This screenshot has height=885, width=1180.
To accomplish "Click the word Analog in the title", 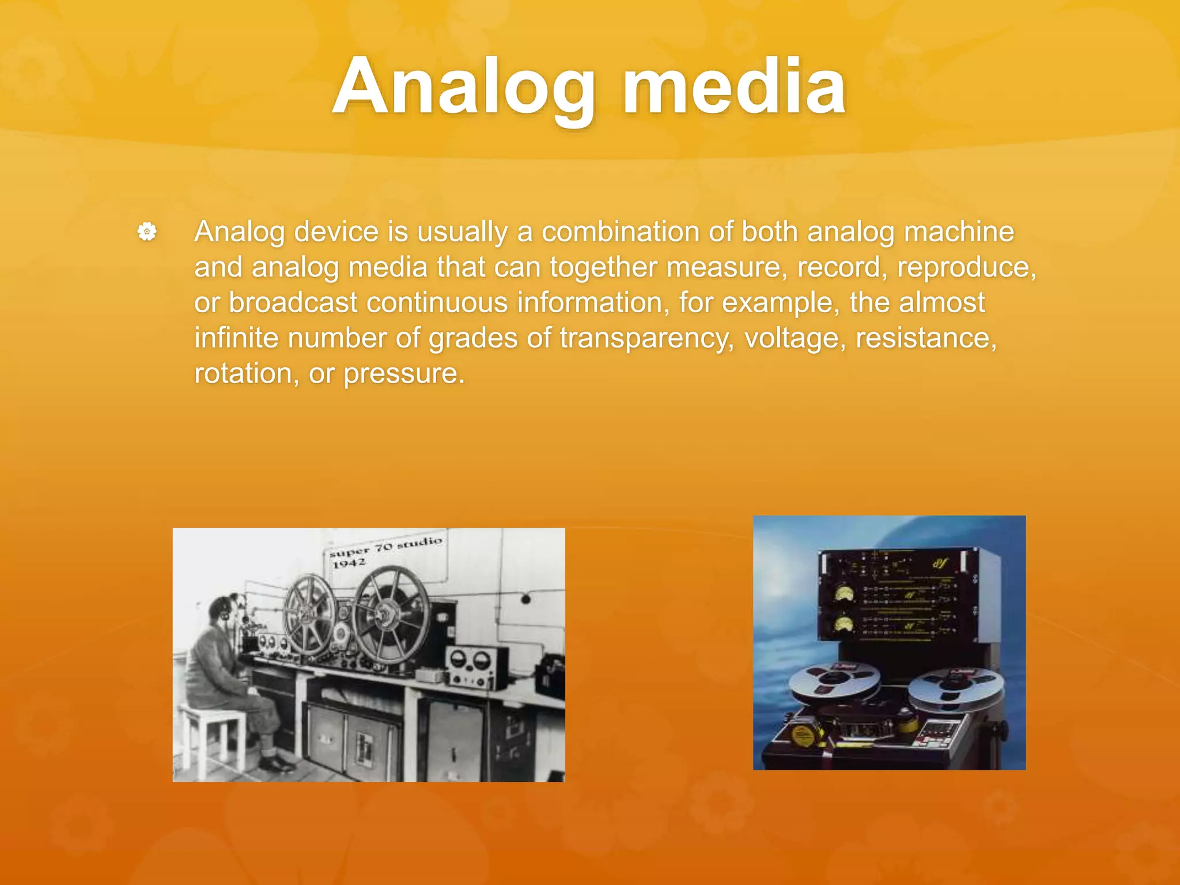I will [x=464, y=88].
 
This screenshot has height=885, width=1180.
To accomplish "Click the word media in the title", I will [x=734, y=88].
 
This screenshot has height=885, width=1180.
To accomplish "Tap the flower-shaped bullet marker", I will [x=147, y=232].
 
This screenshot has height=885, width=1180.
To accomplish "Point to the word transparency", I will [x=646, y=338].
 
